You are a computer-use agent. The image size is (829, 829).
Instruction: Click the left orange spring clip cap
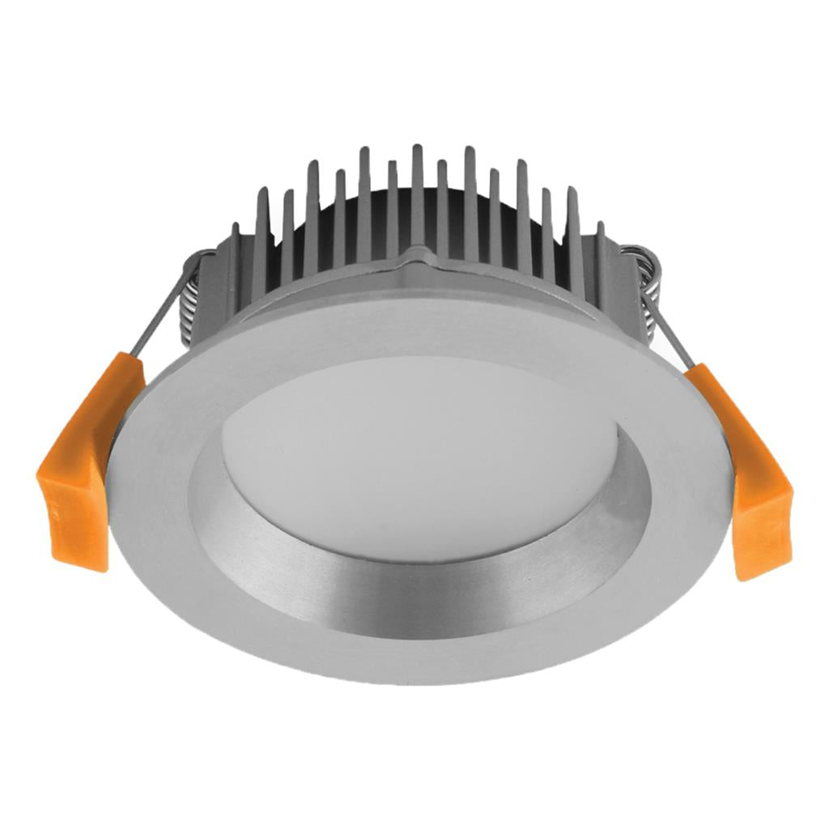81,470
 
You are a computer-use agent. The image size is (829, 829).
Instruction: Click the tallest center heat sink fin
417,194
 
